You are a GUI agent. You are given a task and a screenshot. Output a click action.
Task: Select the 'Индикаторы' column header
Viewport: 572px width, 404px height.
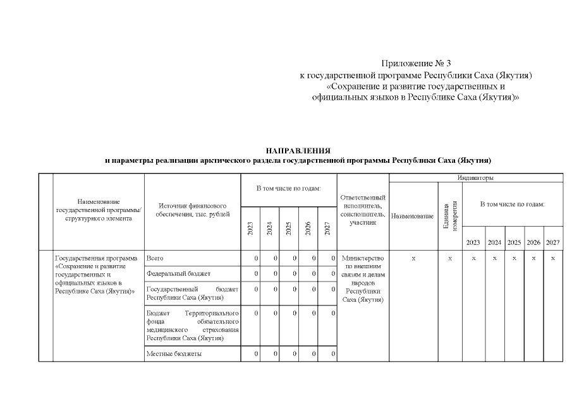(x=476, y=178)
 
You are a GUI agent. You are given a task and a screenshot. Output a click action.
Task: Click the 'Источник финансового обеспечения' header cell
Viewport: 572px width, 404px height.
(x=192, y=210)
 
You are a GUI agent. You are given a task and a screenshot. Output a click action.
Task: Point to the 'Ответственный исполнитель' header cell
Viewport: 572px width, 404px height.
(x=362, y=210)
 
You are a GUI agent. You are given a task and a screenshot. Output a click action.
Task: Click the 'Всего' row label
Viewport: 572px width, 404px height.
(x=155, y=258)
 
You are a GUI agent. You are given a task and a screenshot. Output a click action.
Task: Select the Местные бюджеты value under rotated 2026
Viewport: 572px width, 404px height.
(x=313, y=354)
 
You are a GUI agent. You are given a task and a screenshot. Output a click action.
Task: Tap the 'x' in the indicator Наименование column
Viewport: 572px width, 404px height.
(x=413, y=258)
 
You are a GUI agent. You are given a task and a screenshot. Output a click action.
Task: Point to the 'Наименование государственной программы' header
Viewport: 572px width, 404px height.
(x=98, y=210)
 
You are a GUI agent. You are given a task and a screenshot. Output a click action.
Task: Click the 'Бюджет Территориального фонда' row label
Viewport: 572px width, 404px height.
(x=192, y=326)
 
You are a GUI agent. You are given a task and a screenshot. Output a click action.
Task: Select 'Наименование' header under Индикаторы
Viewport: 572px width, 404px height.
(x=413, y=217)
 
